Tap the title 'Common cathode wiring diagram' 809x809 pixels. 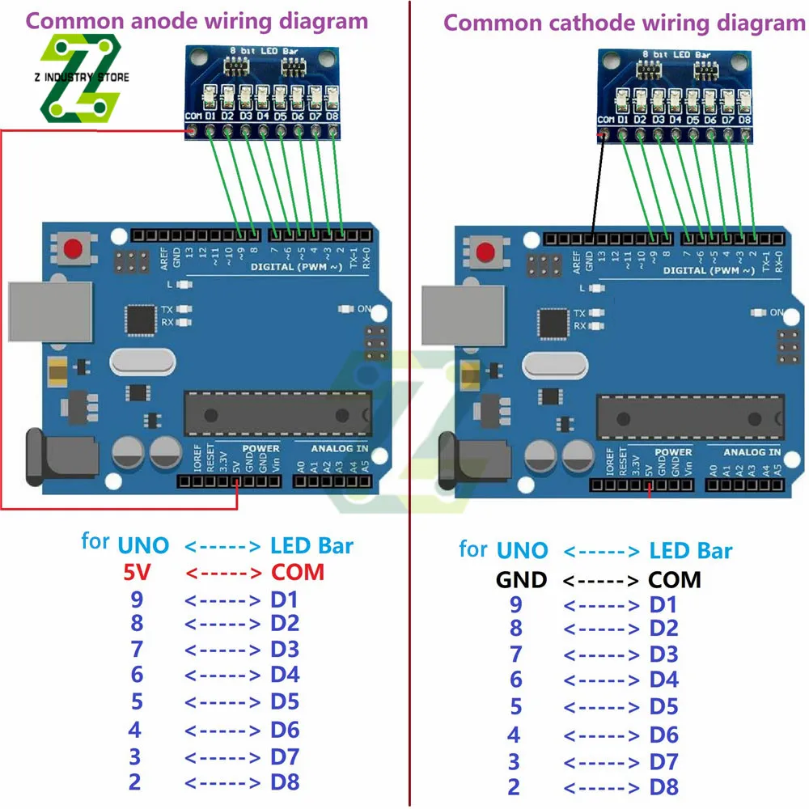click(624, 22)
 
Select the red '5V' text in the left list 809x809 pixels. click(138, 573)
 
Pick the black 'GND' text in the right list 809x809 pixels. click(521, 579)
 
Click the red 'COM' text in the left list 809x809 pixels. click(297, 572)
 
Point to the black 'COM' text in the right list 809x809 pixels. click(675, 579)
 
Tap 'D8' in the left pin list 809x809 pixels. click(285, 782)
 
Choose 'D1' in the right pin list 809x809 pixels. click(664, 605)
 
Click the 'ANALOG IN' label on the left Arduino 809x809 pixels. click(339, 447)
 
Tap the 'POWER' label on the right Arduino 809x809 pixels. click(673, 452)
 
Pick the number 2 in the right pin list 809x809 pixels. click(514, 786)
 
